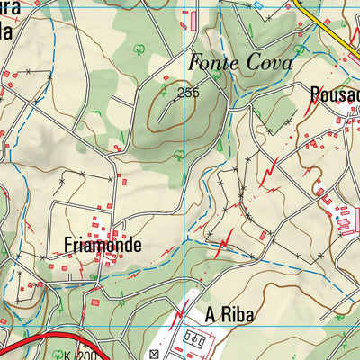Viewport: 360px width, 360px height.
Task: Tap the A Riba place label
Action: click(x=229, y=314)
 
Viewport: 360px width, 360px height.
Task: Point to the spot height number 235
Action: click(x=188, y=93)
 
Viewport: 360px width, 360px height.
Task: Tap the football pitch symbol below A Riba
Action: click(x=196, y=341)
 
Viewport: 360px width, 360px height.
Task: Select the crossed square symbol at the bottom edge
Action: click(x=152, y=355)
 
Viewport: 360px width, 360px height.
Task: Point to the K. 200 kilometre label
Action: click(x=86, y=356)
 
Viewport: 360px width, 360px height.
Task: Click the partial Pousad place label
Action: click(x=333, y=93)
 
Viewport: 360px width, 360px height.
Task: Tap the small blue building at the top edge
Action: click(x=258, y=4)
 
